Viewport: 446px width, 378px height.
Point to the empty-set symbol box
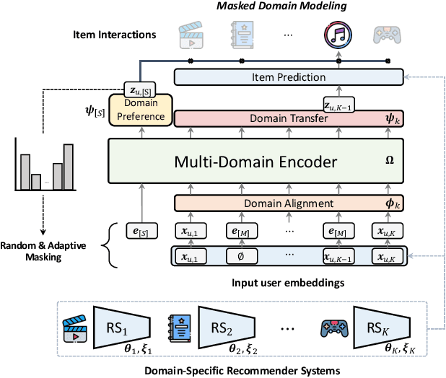pos(240,255)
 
